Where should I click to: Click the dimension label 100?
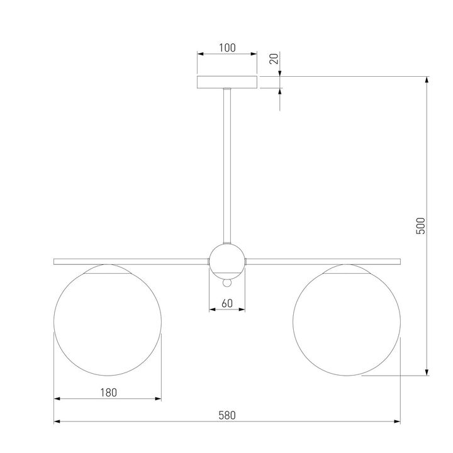(x=227, y=48)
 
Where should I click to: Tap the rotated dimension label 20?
(x=274, y=59)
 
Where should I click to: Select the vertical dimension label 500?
(x=421, y=226)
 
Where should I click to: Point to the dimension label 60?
(x=227, y=303)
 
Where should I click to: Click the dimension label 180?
(x=108, y=393)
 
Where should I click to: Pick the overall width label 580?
(x=227, y=415)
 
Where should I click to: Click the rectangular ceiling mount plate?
(x=227, y=82)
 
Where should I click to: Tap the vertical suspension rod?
(x=227, y=166)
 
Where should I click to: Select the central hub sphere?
(x=227, y=262)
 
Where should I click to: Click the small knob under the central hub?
(x=227, y=283)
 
